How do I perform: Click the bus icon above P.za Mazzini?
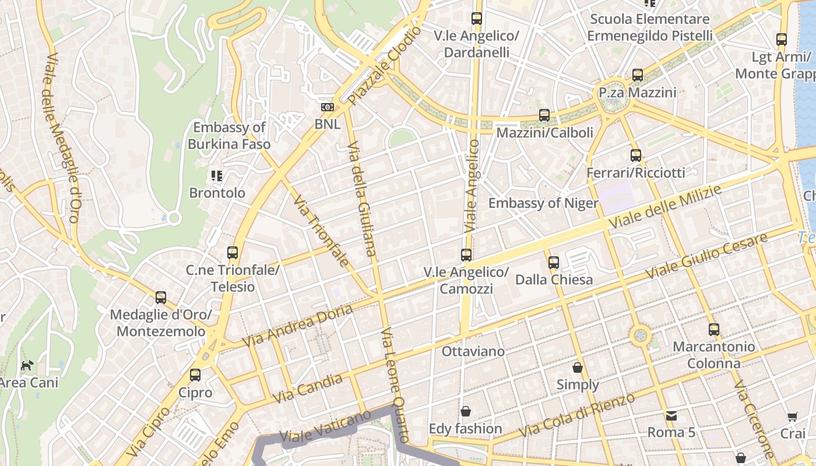coord(638,75)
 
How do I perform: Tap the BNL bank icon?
coord(328,107)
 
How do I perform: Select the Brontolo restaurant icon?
coord(217,175)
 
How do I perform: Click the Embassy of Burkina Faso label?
coord(229,136)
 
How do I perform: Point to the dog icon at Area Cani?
coord(27,365)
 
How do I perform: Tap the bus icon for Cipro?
coord(195,375)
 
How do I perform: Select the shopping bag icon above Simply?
coord(578,368)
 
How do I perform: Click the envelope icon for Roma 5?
coord(671,415)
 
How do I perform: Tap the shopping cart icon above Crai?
coord(793,416)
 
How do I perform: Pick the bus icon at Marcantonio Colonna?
coord(713,329)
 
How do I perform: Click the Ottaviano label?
coord(473,352)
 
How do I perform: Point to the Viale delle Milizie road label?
coord(664,207)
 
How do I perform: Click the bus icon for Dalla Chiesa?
coord(554,262)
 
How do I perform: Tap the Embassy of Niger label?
coord(543,203)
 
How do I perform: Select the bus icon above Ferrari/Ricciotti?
coord(635,156)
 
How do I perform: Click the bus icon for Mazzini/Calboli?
coord(544,115)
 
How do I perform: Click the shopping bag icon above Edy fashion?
coord(465,412)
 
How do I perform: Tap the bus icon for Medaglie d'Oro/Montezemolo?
coord(161,298)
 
